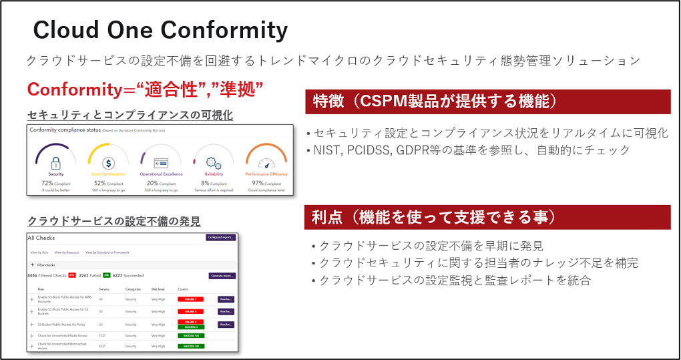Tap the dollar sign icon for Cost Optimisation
[x=107, y=162]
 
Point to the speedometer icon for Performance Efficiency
[x=266, y=162]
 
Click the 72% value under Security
[x=47, y=183]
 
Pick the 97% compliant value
[x=258, y=183]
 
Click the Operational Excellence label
[x=160, y=174]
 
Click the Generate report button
[x=222, y=275]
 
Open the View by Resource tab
[x=67, y=252]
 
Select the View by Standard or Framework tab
[x=107, y=252]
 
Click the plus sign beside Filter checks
[x=31, y=265]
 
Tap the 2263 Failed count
[x=87, y=275]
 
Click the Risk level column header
[x=158, y=289]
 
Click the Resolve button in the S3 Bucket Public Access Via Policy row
[x=226, y=324]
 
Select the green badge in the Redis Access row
[x=191, y=335]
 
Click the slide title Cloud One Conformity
[x=160, y=30]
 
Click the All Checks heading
[x=41, y=238]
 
